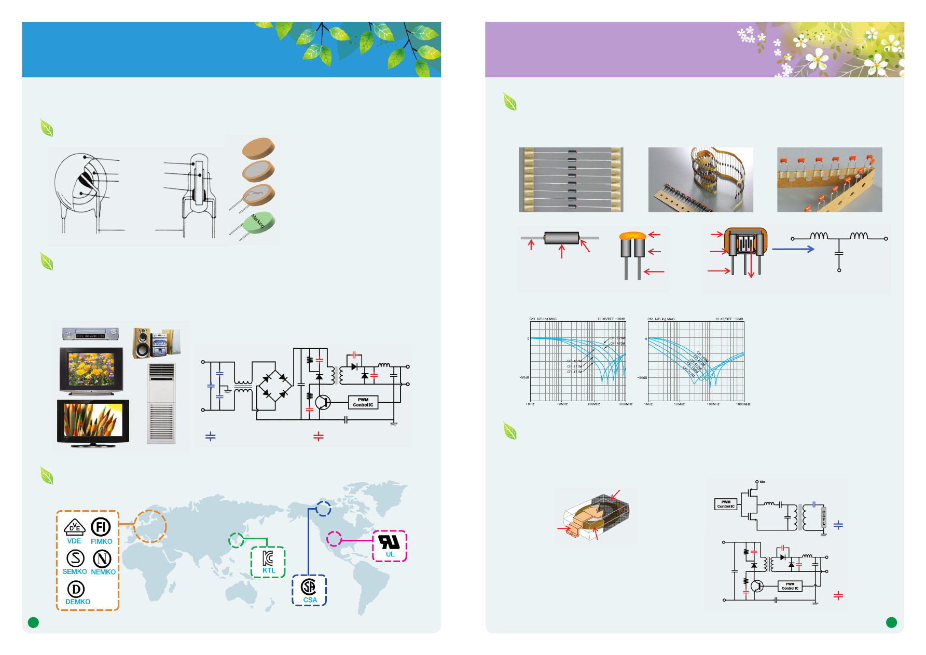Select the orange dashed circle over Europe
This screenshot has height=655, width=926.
150,526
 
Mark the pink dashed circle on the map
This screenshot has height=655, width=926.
334,539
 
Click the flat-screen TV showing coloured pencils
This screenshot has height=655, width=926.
93,421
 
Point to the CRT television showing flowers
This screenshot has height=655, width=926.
91,371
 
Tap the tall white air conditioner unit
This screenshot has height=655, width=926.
161,403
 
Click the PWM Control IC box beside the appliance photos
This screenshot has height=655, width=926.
363,402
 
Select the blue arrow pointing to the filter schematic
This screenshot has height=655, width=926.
793,249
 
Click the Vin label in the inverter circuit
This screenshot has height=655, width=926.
762,482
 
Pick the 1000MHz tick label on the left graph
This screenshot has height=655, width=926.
625,404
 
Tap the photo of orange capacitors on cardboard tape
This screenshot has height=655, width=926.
829,180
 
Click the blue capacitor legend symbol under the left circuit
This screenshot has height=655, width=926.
211,436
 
